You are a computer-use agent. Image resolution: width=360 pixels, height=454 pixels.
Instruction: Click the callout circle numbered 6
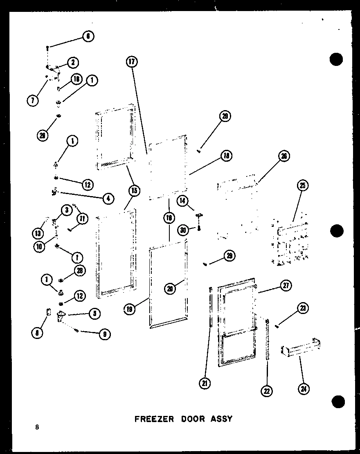coord(88,36)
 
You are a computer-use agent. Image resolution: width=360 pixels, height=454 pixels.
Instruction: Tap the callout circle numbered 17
coord(131,62)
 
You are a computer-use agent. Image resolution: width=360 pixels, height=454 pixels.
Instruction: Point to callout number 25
coord(302,186)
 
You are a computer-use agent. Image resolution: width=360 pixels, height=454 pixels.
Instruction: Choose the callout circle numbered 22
coord(267,391)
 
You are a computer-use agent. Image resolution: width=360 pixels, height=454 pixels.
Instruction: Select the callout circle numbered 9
coord(105,334)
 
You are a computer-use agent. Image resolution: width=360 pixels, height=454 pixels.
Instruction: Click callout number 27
coord(286,286)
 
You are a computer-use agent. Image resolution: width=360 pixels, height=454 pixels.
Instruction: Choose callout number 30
coord(184,230)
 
